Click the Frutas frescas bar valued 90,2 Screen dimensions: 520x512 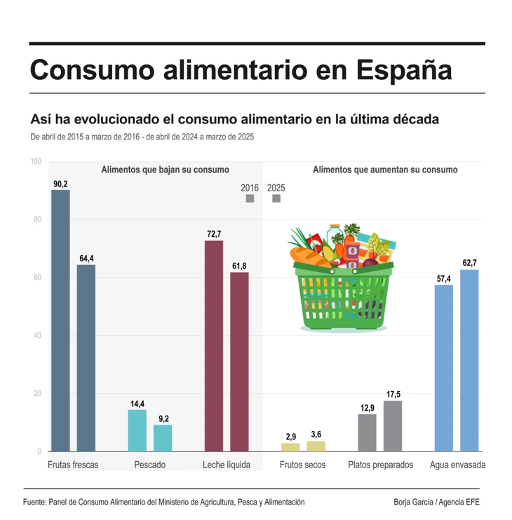[x=60, y=321]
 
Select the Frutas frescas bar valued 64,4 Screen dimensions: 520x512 [x=86, y=358]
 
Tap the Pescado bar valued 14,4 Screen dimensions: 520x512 [x=137, y=430]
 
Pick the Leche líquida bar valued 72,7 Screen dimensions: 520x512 [x=214, y=346]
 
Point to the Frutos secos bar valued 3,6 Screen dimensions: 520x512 [x=316, y=446]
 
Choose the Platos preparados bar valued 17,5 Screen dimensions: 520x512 [x=393, y=426]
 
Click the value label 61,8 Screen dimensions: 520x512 [x=239, y=266]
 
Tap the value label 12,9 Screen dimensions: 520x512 [x=368, y=408]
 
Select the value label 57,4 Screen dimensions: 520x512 [x=444, y=279]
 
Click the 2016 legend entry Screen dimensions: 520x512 [x=250, y=188]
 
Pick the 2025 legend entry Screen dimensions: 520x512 [x=276, y=188]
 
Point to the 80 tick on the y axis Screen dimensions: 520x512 [x=35, y=220]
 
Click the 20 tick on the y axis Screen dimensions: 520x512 [x=35, y=394]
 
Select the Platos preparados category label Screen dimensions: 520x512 [x=381, y=465]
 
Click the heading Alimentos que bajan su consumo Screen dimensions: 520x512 [x=165, y=170]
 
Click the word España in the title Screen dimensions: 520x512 [x=400, y=70]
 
